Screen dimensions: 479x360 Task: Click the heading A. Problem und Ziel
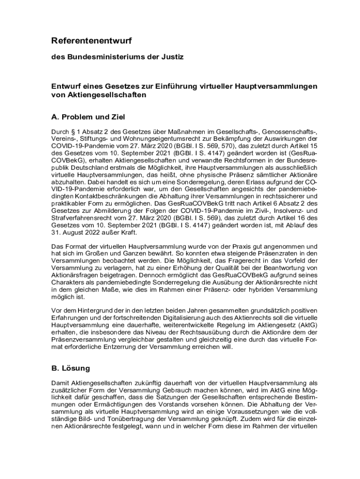(88, 116)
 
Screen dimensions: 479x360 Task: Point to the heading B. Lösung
(70, 368)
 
